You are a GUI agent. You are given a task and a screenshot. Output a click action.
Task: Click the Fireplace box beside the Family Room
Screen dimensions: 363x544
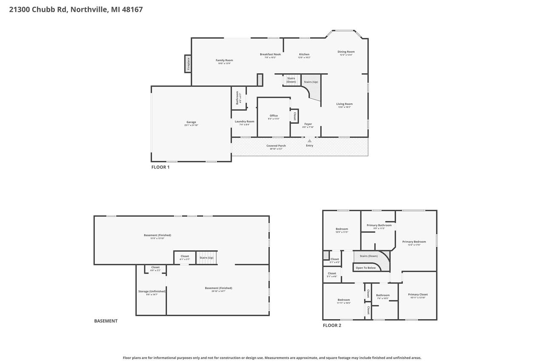(x=187, y=64)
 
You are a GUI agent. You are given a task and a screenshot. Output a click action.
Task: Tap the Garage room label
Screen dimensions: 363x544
(x=191, y=122)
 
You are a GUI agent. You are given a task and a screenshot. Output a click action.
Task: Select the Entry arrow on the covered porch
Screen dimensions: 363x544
(x=309, y=141)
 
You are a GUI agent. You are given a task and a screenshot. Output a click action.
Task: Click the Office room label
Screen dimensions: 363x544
(x=274, y=116)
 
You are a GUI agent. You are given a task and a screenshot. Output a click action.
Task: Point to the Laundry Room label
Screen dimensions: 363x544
(x=244, y=122)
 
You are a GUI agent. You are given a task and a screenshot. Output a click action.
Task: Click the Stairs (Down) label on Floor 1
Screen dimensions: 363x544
(x=291, y=80)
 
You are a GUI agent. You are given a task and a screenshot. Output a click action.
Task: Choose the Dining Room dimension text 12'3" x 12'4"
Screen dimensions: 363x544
(x=346, y=55)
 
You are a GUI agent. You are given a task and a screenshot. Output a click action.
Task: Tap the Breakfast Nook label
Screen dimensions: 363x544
(x=270, y=54)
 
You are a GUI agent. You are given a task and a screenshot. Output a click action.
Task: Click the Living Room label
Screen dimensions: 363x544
(x=344, y=104)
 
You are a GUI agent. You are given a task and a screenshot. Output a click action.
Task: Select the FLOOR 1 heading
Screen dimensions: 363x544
(x=160, y=167)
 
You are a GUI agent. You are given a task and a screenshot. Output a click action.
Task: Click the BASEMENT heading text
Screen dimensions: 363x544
(x=106, y=321)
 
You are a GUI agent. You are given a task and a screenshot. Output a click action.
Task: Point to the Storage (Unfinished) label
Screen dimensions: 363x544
(x=152, y=292)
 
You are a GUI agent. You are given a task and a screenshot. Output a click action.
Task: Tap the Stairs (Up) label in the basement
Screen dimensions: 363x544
(x=207, y=257)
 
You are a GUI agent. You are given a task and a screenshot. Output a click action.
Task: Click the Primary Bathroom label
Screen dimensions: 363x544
(x=379, y=226)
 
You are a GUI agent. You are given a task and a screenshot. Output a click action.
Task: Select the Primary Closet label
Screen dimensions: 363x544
(x=418, y=294)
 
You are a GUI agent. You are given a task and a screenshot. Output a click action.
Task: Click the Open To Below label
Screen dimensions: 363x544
(x=365, y=268)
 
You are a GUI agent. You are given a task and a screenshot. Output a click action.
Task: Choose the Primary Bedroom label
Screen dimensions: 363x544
(x=414, y=242)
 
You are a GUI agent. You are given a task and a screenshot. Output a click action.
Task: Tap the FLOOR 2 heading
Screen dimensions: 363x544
(x=331, y=326)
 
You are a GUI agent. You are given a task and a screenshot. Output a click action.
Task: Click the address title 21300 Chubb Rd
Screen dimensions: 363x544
(x=76, y=9)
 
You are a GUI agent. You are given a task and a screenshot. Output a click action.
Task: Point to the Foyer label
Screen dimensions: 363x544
(x=308, y=124)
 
